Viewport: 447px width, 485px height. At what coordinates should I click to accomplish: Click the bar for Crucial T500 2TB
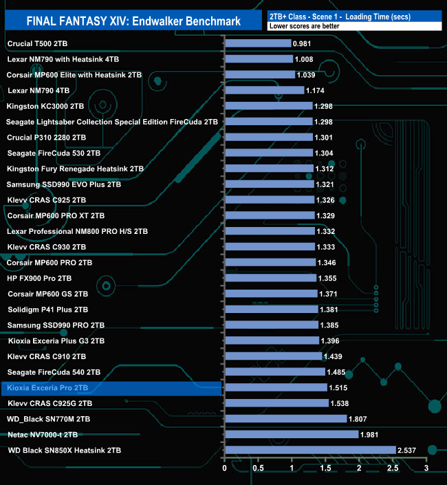tap(258, 43)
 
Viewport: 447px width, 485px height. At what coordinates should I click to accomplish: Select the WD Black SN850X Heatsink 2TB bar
tap(310, 450)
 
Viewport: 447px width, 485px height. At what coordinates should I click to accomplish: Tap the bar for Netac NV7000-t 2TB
tap(292, 434)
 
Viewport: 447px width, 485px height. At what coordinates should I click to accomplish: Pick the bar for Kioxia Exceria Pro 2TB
tap(276, 387)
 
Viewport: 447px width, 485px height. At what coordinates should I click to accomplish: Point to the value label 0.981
tap(303, 43)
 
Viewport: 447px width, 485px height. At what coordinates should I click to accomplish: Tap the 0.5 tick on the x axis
tap(258, 468)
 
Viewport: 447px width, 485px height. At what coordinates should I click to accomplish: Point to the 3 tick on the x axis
tap(426, 468)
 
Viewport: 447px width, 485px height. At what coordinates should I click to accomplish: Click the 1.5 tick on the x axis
tap(325, 468)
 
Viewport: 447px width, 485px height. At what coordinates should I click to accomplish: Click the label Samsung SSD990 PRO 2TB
tap(56, 325)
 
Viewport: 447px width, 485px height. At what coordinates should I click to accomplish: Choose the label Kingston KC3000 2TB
tap(45, 106)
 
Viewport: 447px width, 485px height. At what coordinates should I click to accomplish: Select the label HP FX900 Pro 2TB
tap(39, 278)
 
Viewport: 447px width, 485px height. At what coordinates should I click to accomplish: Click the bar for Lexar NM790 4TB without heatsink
tap(264, 90)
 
